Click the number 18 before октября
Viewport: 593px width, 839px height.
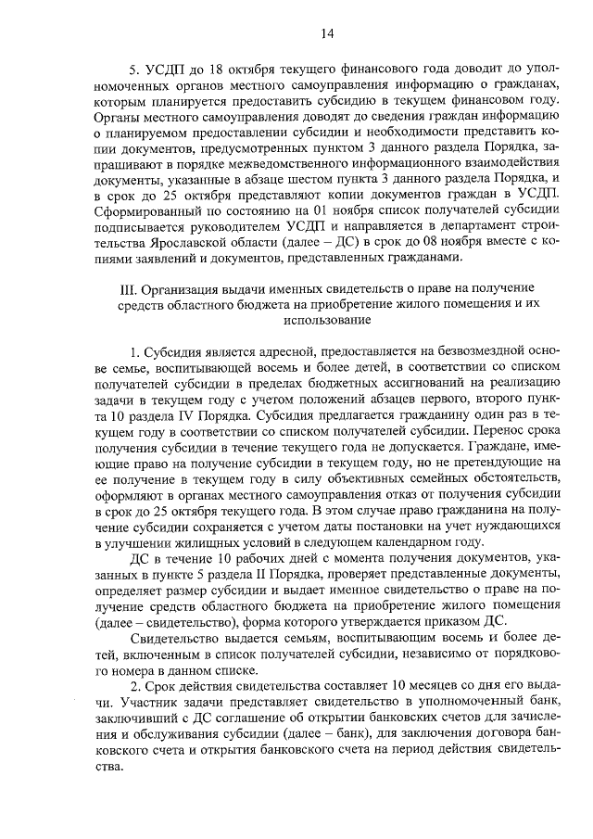(219, 70)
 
